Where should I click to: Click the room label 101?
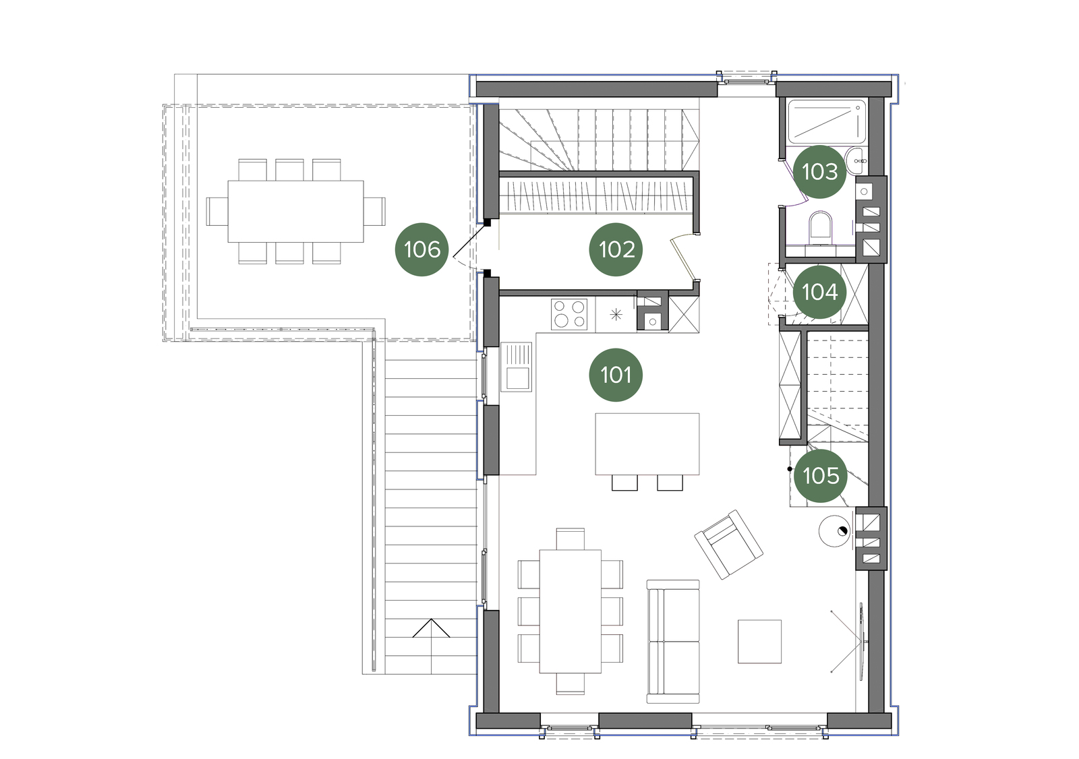[616, 375]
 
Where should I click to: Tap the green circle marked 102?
[616, 249]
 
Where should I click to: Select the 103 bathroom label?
[819, 172]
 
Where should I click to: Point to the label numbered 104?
[819, 293]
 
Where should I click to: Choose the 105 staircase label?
[820, 476]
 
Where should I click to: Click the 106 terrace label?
[422, 249]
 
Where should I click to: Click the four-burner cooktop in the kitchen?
[569, 314]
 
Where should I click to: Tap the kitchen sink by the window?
[517, 366]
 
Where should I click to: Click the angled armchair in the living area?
[728, 544]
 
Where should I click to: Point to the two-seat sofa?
[673, 642]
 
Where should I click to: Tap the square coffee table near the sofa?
[759, 642]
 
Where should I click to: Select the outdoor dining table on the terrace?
[296, 212]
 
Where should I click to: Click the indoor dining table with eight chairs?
[571, 611]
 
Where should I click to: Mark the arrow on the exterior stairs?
[431, 628]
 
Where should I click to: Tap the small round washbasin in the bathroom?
[856, 161]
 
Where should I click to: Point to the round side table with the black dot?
[835, 530]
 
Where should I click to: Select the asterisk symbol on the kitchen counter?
[616, 315]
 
